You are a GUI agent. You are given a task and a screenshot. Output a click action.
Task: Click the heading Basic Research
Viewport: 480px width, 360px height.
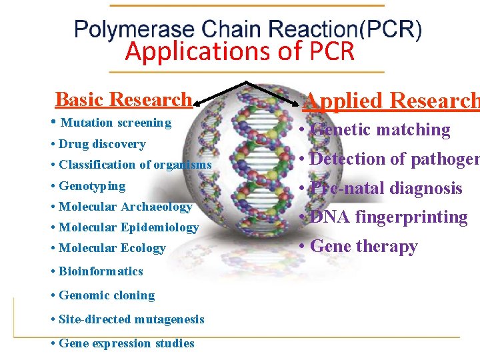pos(123,100)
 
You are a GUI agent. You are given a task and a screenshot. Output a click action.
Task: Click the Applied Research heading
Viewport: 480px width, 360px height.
pos(391,101)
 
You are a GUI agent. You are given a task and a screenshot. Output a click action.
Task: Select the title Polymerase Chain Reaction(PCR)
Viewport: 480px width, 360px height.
pos(247,30)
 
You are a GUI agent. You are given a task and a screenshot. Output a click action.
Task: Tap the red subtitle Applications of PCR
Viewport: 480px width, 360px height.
pos(240,52)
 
